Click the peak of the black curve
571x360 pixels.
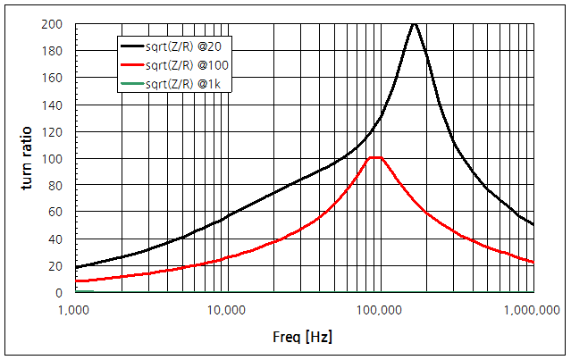414,25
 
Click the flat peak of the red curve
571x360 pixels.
375,158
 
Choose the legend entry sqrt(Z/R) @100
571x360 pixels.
189,65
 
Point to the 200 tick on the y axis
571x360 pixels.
56,24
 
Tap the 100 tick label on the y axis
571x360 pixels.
56,158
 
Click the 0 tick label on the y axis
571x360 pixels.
63,293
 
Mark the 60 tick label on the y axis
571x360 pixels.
59,212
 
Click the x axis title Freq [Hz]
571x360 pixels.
303,339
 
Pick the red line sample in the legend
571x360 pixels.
132,65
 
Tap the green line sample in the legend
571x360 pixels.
132,84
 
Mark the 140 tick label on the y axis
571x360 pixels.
56,105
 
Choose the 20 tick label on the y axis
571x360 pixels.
59,265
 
